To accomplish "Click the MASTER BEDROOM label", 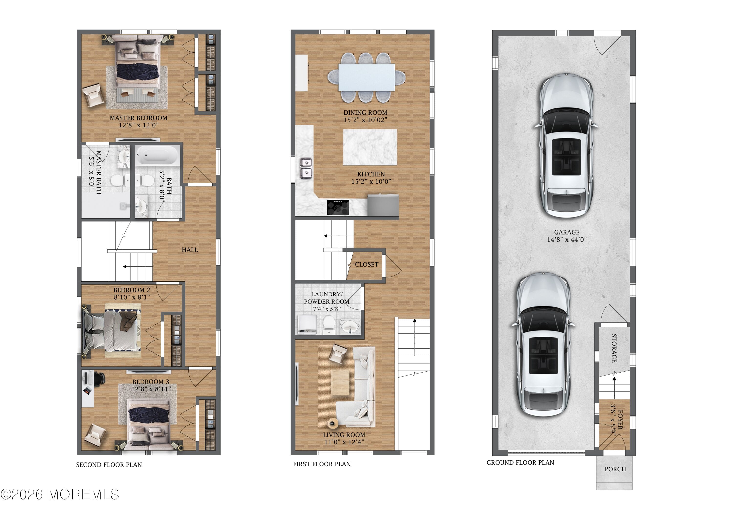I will click(138, 118).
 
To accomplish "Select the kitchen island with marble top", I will click(370, 147).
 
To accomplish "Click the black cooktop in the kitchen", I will click(337, 207).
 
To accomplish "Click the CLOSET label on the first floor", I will click(366, 265).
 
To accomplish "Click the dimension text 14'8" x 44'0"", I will click(567, 240).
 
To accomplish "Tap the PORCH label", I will click(615, 469).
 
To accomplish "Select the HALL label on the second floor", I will click(190, 250).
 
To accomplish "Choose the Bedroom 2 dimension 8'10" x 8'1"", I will click(131, 297).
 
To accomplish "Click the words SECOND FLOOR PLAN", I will click(109, 465).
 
